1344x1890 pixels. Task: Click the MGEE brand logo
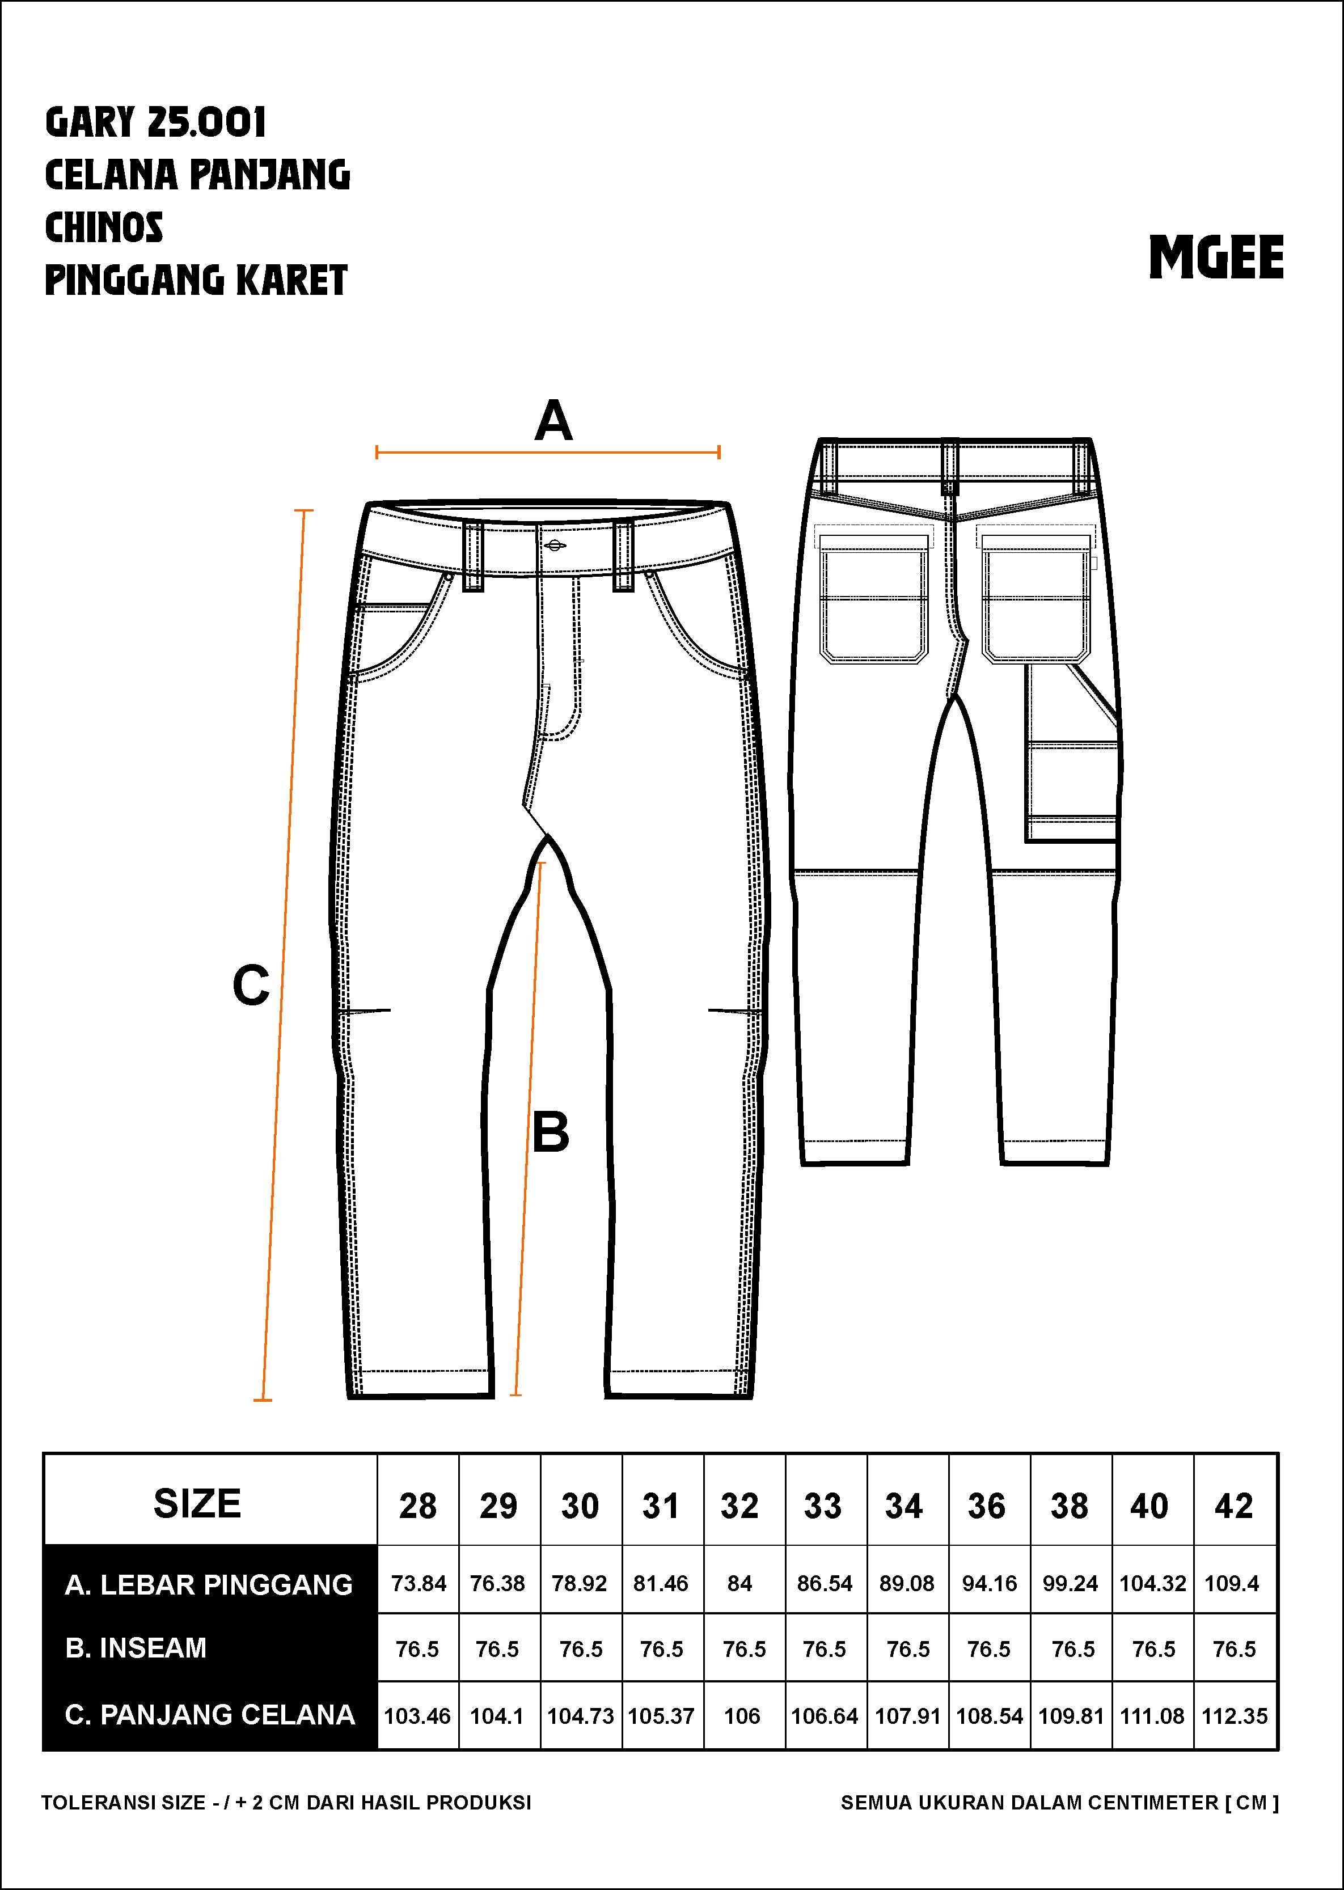tap(1216, 257)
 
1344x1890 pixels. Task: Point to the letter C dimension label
tap(251, 985)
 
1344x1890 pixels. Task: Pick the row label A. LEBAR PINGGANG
tap(209, 1585)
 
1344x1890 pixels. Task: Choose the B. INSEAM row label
tap(136, 1648)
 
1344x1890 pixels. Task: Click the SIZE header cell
tap(197, 1504)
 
